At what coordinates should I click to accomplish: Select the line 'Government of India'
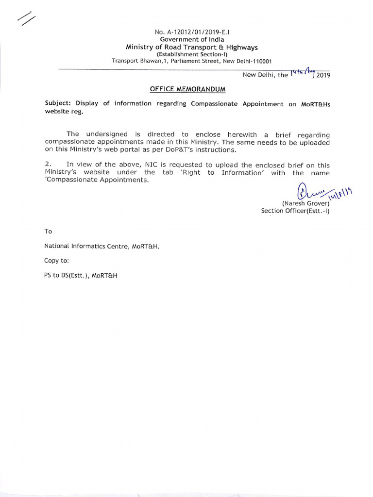192,39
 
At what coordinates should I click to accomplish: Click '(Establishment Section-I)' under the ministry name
192,54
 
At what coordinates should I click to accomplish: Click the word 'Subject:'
58,103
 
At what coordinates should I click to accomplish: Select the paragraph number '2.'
48,165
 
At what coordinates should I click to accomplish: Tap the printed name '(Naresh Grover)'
306,203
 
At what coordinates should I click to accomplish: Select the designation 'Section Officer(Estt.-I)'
295,211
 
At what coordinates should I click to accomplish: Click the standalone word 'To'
48,232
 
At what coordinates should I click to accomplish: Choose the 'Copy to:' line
57,261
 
